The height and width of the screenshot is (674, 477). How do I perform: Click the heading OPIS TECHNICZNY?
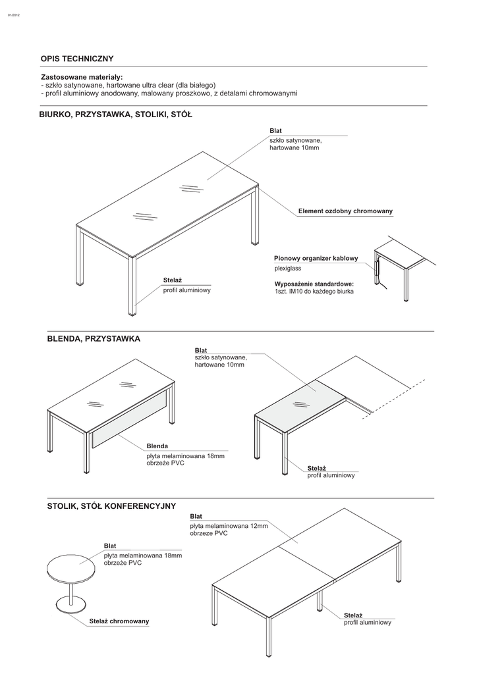(78, 59)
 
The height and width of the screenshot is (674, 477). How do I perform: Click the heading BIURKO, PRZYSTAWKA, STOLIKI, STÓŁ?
(115, 115)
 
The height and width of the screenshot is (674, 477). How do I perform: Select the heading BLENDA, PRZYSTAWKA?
(94, 339)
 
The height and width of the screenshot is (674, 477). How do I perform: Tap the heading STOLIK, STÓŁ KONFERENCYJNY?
(111, 505)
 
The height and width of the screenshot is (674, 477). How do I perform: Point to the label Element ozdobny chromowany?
(345, 211)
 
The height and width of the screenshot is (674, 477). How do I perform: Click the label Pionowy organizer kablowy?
(316, 259)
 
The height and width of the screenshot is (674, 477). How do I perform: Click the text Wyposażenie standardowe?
(310, 284)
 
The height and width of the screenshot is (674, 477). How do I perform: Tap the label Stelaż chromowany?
(119, 621)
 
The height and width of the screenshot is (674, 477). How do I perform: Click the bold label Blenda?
(157, 446)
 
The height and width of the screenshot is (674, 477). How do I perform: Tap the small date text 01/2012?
(14, 15)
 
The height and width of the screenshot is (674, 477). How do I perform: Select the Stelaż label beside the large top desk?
(172, 281)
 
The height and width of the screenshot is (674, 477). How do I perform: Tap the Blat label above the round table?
(110, 546)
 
